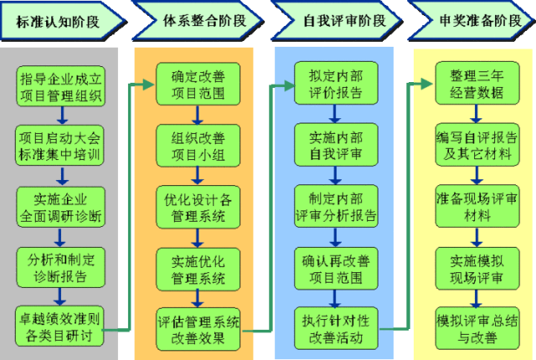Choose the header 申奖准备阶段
(473, 21)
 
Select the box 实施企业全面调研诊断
(59, 206)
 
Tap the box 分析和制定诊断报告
(59, 265)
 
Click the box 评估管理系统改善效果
(198, 327)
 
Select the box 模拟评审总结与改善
(475, 327)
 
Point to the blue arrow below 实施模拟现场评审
(475, 295)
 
